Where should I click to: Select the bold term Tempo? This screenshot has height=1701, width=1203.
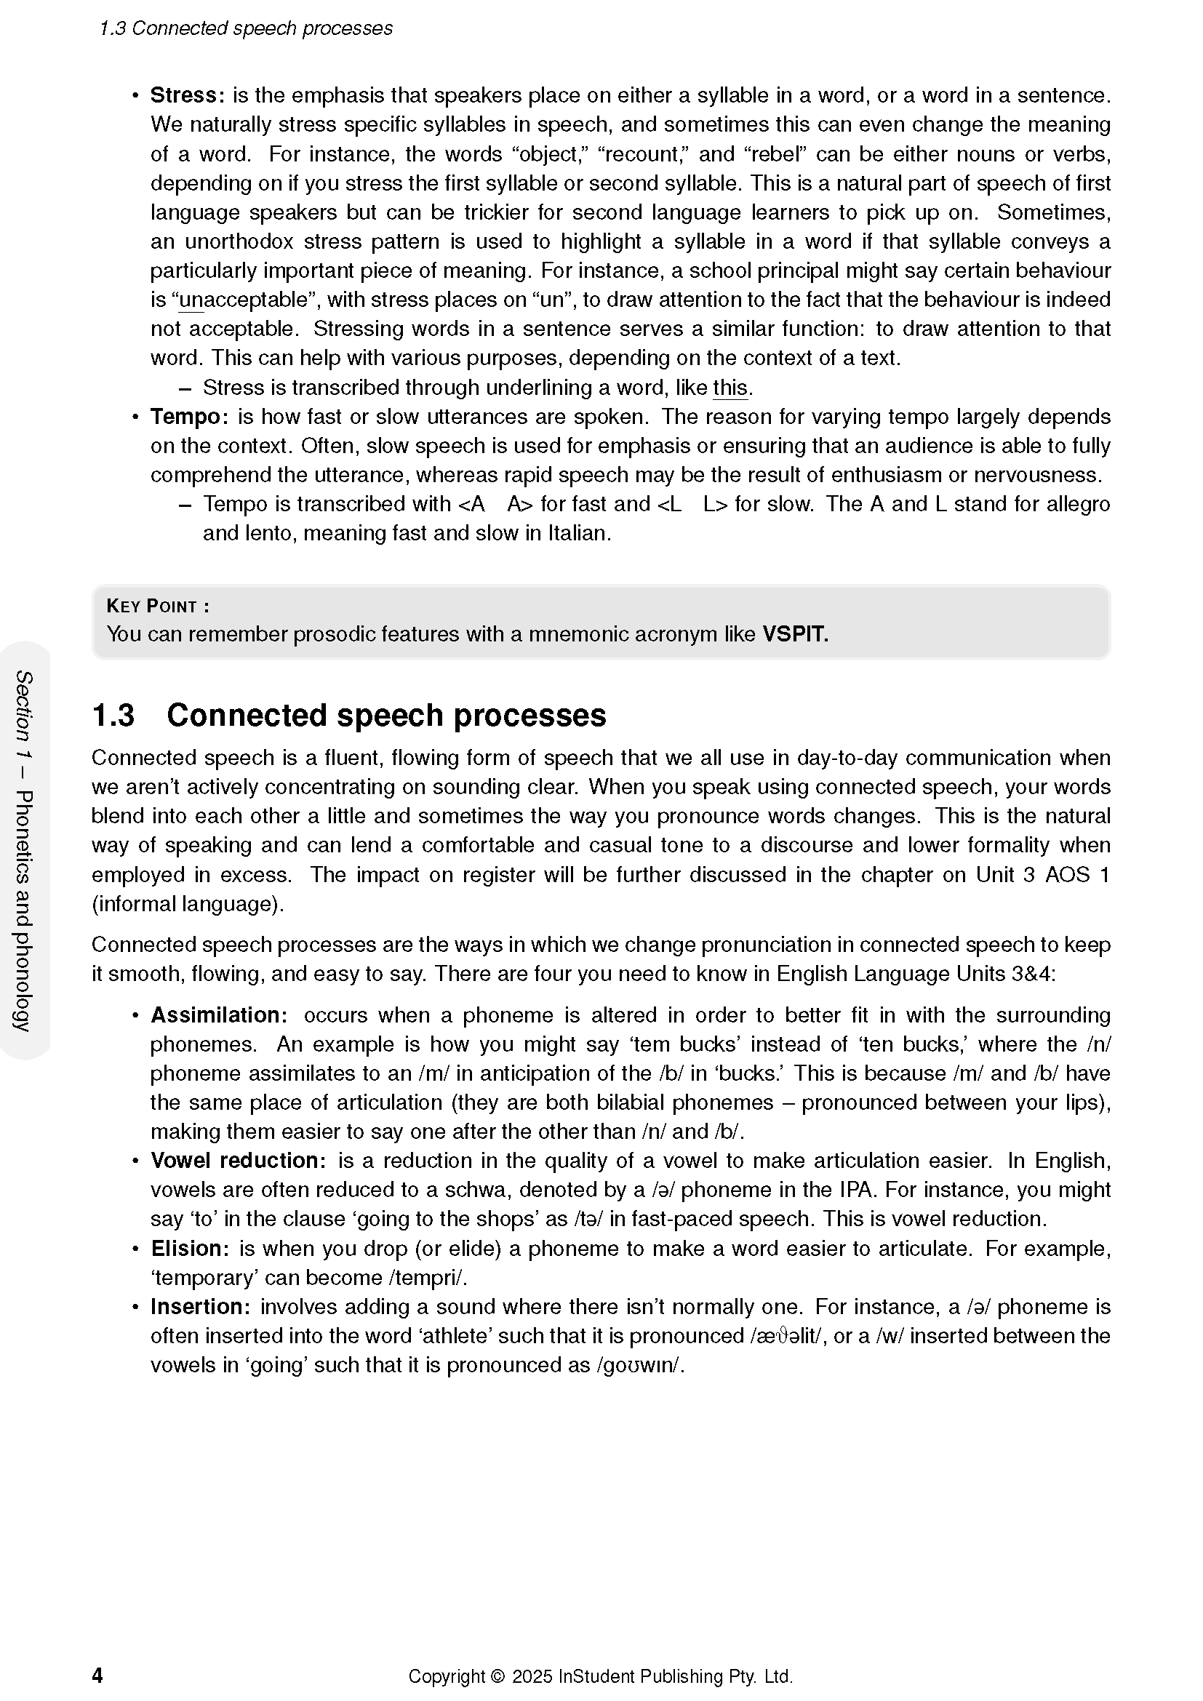point(189,417)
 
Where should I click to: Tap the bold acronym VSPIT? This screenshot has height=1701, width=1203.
point(795,634)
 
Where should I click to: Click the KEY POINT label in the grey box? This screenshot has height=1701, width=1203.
point(158,606)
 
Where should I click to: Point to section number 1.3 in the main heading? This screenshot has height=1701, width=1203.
point(113,716)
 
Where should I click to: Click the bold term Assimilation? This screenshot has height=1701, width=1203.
point(218,1015)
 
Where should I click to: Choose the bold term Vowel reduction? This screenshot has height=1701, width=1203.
point(237,1161)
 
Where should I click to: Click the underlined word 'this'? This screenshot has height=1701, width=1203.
point(730,388)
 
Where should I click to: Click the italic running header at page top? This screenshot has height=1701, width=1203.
point(246,28)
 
